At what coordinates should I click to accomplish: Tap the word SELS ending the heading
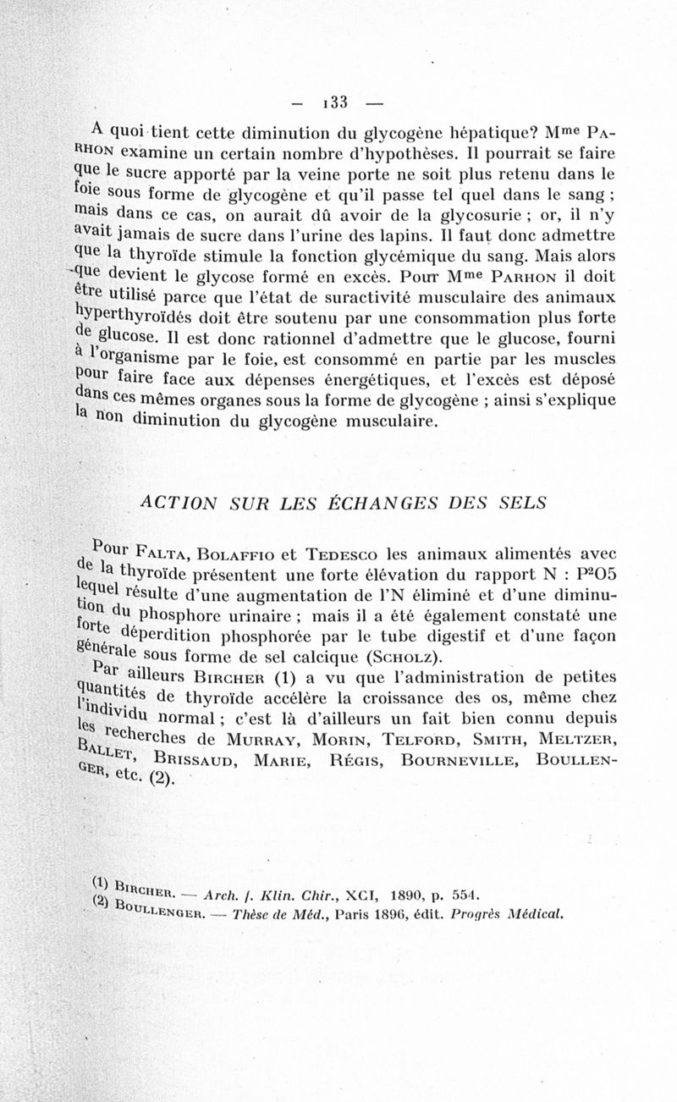click(x=520, y=503)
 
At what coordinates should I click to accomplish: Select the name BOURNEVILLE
click(x=458, y=759)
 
